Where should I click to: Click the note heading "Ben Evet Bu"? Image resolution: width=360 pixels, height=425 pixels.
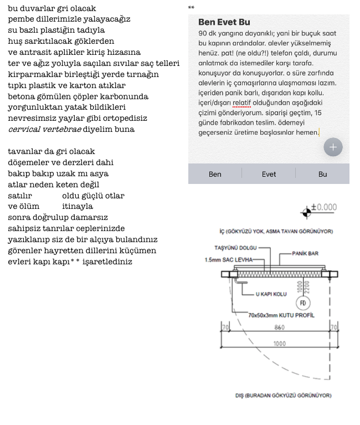tap(224, 23)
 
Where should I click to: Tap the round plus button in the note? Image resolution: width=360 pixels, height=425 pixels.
tap(333, 147)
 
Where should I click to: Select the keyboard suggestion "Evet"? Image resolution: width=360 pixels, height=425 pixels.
tap(269, 174)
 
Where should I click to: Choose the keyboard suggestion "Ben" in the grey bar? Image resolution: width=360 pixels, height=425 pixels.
tap(215, 174)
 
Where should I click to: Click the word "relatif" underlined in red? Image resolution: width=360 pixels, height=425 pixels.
tap(241, 103)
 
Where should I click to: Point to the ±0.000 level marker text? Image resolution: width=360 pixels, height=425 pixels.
tap(324, 207)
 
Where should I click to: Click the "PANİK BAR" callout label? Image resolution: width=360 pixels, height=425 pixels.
tap(305, 253)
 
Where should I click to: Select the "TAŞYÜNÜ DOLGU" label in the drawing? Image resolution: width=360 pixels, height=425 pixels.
tap(235, 248)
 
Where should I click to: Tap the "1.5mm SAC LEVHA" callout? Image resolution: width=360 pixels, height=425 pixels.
tap(228, 259)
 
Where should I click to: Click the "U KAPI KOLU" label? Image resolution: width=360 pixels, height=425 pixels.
tap(271, 294)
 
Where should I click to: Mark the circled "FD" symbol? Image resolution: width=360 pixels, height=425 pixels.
tap(303, 303)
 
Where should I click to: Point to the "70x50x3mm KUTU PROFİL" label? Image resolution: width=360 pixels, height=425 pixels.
tap(281, 315)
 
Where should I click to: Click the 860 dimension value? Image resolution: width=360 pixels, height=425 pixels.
tap(280, 328)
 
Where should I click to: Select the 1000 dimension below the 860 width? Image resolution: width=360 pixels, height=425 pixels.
tap(280, 344)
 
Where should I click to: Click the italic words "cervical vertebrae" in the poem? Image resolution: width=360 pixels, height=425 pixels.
tap(44, 129)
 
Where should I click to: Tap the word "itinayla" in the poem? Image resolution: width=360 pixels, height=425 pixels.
tap(78, 206)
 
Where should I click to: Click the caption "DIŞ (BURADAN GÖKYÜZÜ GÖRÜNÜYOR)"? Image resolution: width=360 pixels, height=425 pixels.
tap(283, 396)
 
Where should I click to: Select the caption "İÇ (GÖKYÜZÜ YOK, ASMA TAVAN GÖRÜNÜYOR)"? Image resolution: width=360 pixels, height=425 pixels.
tap(276, 231)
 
